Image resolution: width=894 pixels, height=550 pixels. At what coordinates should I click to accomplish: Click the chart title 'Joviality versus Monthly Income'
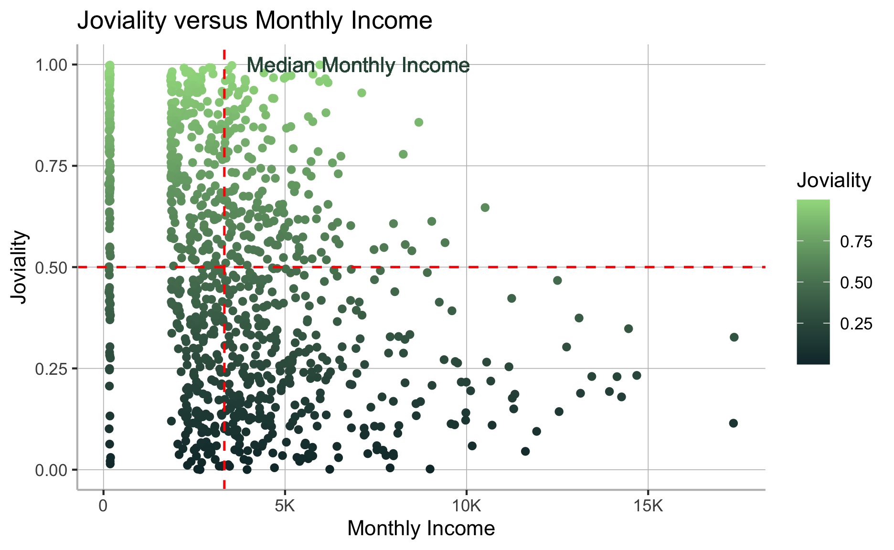pyautogui.click(x=255, y=21)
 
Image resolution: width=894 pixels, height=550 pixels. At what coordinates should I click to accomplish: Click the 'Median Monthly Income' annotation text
pyautogui.click(x=358, y=65)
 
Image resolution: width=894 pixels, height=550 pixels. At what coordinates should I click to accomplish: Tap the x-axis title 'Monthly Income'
pyautogui.click(x=421, y=529)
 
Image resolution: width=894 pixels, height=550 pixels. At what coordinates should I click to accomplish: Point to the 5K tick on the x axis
pyautogui.click(x=285, y=506)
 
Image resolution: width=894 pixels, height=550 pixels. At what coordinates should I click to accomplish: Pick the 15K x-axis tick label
pyautogui.click(x=648, y=506)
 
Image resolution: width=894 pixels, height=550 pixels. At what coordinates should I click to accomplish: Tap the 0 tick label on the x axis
pyautogui.click(x=104, y=506)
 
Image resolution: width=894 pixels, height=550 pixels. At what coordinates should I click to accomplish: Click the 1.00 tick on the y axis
pyautogui.click(x=51, y=64)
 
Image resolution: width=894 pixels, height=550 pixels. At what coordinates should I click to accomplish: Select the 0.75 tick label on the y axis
pyautogui.click(x=51, y=166)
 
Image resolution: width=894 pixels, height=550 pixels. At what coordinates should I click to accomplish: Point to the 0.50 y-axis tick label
pyautogui.click(x=51, y=267)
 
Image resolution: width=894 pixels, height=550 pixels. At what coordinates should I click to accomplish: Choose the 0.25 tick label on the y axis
pyautogui.click(x=51, y=369)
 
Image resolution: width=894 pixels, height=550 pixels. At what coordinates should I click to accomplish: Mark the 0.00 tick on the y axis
pyautogui.click(x=51, y=470)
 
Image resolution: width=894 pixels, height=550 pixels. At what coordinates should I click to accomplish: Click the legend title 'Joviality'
pyautogui.click(x=834, y=180)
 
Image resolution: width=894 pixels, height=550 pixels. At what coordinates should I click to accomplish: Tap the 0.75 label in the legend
pyautogui.click(x=856, y=242)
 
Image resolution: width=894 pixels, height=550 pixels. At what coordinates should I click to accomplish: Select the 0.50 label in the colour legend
pyautogui.click(x=856, y=283)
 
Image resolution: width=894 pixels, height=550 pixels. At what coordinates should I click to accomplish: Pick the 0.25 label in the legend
pyautogui.click(x=856, y=324)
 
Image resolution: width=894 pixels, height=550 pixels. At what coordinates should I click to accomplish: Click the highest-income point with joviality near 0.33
pyautogui.click(x=734, y=337)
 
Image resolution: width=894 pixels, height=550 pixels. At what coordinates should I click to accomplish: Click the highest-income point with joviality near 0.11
pyautogui.click(x=734, y=423)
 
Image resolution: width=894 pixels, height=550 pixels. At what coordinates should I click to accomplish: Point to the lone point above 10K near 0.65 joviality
pyautogui.click(x=485, y=207)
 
